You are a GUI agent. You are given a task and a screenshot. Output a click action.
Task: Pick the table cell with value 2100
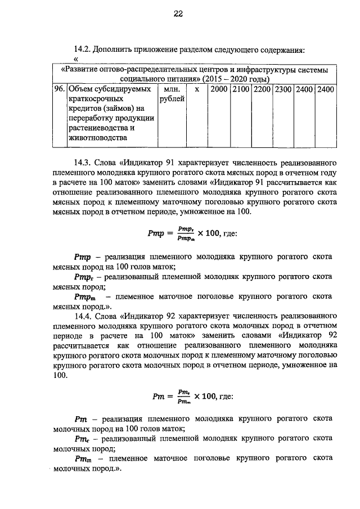(x=241, y=89)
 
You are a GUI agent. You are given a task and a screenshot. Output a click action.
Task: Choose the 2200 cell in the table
(x=262, y=89)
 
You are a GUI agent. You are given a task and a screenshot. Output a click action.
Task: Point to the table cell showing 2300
(x=283, y=89)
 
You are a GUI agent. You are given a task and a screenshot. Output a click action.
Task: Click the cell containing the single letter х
(x=196, y=89)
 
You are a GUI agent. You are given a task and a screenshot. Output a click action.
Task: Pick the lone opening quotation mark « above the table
(x=76, y=58)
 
